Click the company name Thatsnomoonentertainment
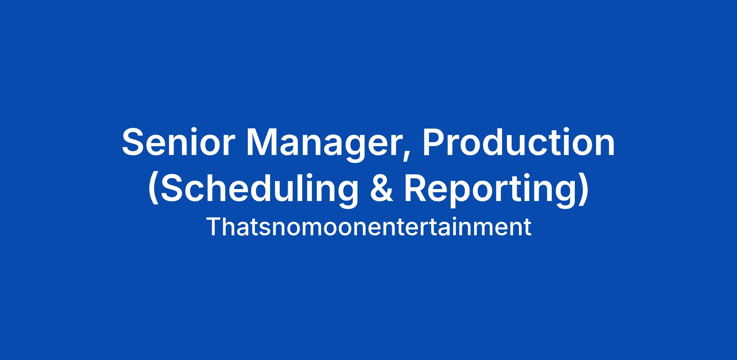click(x=368, y=227)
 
